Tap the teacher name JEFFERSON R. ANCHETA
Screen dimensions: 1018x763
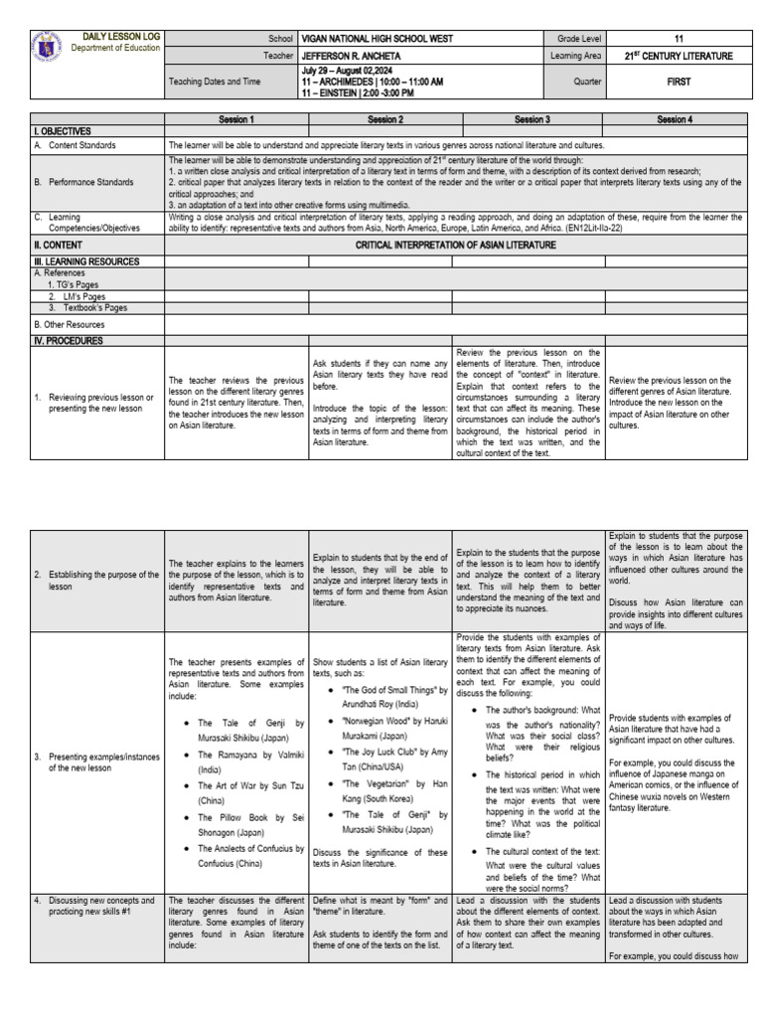coord(356,56)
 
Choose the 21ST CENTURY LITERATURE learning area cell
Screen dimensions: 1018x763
coord(678,56)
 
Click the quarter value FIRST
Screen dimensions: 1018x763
coord(678,83)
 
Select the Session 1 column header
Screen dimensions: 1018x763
coord(236,120)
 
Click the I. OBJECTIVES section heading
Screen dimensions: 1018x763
coord(63,131)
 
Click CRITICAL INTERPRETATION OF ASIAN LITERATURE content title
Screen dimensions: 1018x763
coord(455,245)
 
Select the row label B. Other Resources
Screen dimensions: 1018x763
coord(70,324)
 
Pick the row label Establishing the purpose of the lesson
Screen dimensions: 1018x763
coord(95,581)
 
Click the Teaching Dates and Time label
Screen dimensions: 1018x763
coord(216,83)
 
